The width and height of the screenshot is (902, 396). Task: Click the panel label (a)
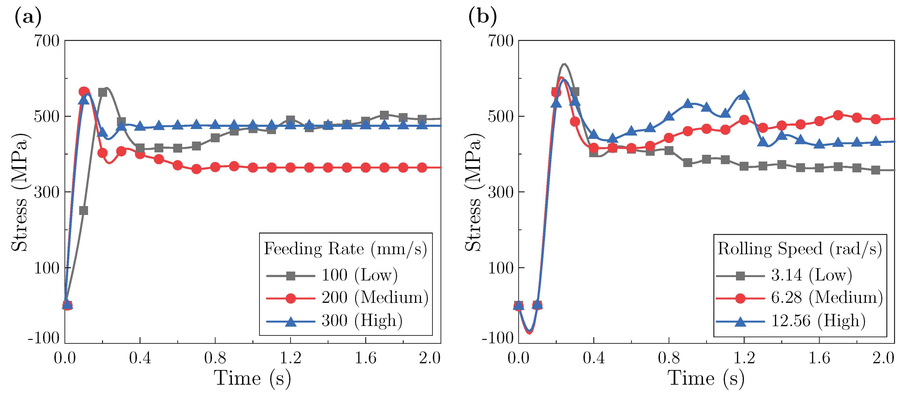pyautogui.click(x=28, y=17)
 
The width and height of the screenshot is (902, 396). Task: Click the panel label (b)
pyautogui.click(x=482, y=17)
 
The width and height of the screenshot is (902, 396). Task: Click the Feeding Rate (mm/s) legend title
pyautogui.click(x=345, y=249)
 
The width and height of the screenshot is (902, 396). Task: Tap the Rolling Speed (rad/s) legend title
pyautogui.click(x=800, y=249)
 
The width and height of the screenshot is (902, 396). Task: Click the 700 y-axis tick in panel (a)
pyautogui.click(x=47, y=41)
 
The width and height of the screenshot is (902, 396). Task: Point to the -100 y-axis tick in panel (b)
pyautogui.click(x=498, y=338)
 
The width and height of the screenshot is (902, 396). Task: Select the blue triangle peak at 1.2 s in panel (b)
pyautogui.click(x=744, y=95)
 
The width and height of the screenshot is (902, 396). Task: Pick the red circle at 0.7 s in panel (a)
pyautogui.click(x=196, y=169)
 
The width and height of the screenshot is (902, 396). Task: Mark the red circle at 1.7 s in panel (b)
pyautogui.click(x=838, y=115)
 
